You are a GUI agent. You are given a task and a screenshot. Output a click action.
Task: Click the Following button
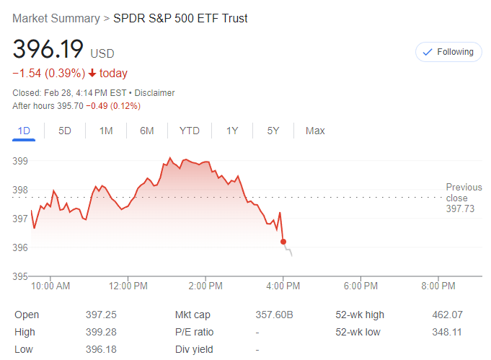[448, 52]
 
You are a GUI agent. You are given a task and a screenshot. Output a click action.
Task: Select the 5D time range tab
[65, 131]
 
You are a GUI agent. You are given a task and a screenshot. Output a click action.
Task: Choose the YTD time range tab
[190, 131]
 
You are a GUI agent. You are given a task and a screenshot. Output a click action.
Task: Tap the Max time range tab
[315, 131]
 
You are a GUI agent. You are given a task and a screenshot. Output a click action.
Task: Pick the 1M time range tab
[106, 131]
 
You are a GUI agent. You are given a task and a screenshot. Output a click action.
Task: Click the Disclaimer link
[155, 93]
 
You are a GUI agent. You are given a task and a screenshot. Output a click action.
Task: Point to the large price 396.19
[48, 50]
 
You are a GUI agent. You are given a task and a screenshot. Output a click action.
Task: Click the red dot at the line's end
[283, 242]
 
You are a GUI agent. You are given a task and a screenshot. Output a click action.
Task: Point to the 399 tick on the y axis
[20, 160]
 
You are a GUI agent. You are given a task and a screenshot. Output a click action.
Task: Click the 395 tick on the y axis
[20, 276]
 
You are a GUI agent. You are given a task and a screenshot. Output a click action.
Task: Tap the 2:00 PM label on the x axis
[205, 286]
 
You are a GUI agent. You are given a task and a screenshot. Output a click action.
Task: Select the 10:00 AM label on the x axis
[51, 286]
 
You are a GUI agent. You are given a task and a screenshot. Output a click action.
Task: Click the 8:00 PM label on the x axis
[437, 286]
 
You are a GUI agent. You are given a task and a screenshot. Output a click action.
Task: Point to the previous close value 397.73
[460, 208]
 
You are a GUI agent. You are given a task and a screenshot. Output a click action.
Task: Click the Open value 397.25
[101, 315]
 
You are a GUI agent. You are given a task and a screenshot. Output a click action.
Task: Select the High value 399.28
[101, 332]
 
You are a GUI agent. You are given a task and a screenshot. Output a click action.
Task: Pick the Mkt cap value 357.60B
[275, 315]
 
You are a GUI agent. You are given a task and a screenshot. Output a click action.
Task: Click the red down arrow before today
[92, 73]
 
